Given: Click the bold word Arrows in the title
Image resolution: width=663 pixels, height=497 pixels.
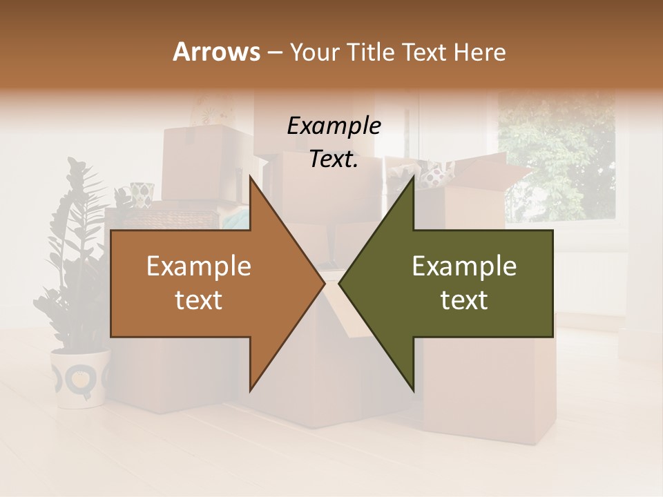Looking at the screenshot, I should point(217,52).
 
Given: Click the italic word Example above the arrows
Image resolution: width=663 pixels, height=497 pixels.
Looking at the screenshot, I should point(334,126).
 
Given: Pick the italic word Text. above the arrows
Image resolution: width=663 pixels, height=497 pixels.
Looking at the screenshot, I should point(334,159).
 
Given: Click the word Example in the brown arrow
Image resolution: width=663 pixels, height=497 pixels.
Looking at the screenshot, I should point(199,266).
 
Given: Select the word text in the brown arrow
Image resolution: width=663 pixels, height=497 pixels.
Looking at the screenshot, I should point(199,300).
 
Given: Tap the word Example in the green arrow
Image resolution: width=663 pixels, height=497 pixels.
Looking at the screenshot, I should point(464,266).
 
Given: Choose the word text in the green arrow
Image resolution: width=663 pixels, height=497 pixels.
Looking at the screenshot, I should point(464,300).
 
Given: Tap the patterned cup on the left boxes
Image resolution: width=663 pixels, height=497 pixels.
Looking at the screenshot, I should point(142,194).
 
